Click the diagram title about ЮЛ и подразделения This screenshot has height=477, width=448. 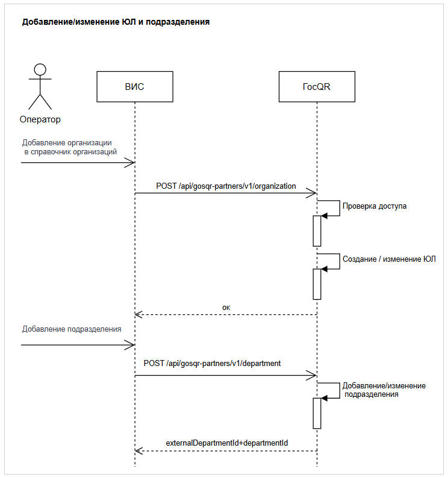tap(116, 22)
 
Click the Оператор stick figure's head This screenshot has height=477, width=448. tap(40, 69)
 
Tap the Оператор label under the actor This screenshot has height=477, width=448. tap(40, 119)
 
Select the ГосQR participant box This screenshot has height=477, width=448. tap(316, 87)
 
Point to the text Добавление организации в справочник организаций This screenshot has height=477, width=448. tap(69, 148)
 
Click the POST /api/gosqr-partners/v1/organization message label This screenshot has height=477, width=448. tap(226, 186)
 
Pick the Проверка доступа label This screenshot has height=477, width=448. tap(375, 206)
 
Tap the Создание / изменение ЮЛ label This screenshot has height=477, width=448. tap(389, 259)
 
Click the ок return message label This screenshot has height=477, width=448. tap(226, 307)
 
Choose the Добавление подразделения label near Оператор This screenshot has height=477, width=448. tap(72, 329)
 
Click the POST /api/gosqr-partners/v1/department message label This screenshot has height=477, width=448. tap(212, 364)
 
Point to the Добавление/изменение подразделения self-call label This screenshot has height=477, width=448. tap(384, 390)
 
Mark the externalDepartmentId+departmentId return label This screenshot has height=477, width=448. tap(227, 443)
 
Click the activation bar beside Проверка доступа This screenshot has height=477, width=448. tap(317, 230)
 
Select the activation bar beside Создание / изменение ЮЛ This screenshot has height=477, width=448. tap(317, 283)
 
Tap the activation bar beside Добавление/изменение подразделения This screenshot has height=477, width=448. tap(317, 412)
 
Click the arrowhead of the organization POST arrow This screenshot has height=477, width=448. tap(313, 193)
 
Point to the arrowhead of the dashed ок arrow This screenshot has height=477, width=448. tap(138, 314)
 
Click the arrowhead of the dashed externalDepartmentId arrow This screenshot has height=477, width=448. tap(138, 450)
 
